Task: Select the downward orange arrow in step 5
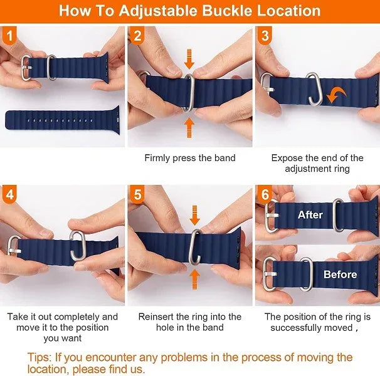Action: pos(195,215)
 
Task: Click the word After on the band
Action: pos(310,215)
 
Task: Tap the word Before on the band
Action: pos(340,274)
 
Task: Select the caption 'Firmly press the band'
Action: pos(190,158)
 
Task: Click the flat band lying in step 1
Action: pos(63,117)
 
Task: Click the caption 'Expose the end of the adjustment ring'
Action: pos(317,163)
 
